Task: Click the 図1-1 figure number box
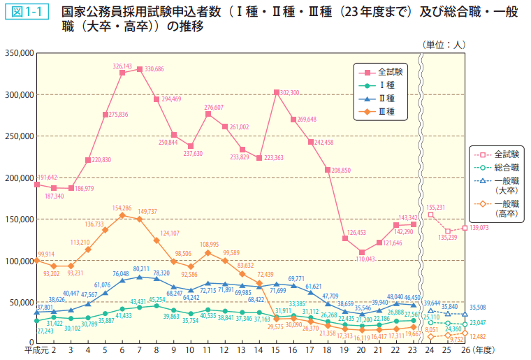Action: click(x=27, y=13)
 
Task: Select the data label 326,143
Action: click(x=123, y=66)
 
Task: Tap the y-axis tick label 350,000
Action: click(x=19, y=53)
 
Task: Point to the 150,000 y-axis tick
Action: click(x=19, y=219)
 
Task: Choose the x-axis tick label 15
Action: click(x=276, y=350)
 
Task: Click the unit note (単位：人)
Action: click(x=444, y=44)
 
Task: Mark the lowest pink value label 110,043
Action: click(x=361, y=259)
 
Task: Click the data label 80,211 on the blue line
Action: click(x=142, y=268)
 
